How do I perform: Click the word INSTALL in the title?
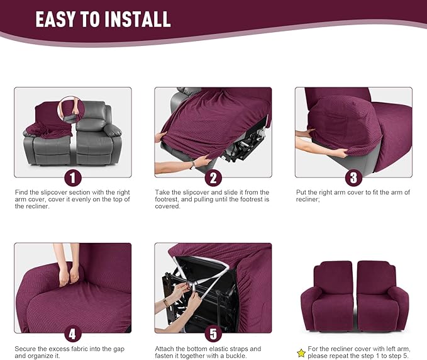click(138, 19)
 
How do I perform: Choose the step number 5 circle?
click(213, 333)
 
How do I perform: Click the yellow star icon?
click(301, 353)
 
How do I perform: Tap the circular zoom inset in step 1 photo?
click(72, 108)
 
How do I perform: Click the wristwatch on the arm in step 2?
click(192, 164)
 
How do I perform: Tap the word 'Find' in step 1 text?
click(21, 192)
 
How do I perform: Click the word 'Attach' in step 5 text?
click(165, 349)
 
